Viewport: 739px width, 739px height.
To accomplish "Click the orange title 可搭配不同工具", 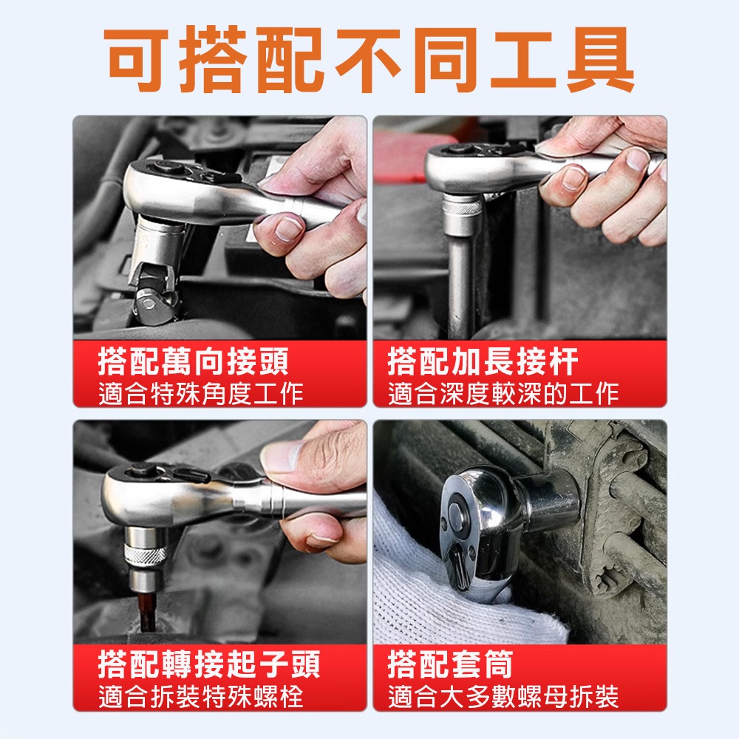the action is pyautogui.click(x=369, y=60).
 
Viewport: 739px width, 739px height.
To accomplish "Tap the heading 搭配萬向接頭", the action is pyautogui.click(x=193, y=361).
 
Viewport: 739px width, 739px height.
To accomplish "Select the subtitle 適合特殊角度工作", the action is pyautogui.click(x=201, y=394).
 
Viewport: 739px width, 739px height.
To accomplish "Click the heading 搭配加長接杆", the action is pyautogui.click(x=483, y=361).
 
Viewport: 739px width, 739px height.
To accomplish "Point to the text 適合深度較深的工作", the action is pyautogui.click(x=503, y=394).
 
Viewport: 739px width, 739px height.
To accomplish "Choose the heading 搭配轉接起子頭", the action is pyautogui.click(x=209, y=664).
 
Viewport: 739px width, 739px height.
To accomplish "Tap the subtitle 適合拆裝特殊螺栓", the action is pyautogui.click(x=201, y=697).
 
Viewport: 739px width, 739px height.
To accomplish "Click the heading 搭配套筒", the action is pyautogui.click(x=450, y=664).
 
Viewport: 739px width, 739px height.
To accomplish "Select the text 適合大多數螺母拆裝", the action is pyautogui.click(x=503, y=697).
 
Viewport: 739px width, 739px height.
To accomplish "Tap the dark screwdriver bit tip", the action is pyautogui.click(x=147, y=613).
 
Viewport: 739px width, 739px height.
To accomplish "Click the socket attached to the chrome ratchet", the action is pyautogui.click(x=549, y=500).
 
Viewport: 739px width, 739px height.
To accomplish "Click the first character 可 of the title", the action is pyautogui.click(x=137, y=60).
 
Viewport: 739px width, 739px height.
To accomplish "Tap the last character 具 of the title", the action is pyautogui.click(x=601, y=60).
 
